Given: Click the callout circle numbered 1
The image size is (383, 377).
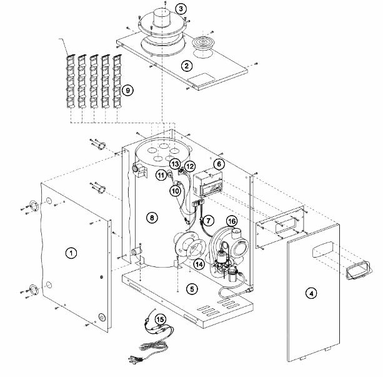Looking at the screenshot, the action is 71,253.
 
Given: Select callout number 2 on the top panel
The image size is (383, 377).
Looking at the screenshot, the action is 187,66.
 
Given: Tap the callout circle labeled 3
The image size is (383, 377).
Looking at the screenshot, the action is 181,9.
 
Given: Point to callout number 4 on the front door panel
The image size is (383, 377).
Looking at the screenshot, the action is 311,293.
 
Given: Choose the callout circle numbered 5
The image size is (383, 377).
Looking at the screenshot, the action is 192,289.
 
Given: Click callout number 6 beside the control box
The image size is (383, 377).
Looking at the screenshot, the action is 219,164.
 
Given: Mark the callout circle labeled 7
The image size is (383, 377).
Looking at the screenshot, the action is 208,221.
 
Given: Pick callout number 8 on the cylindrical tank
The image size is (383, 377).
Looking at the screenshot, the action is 152,218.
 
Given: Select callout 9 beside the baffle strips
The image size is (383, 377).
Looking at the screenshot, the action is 127,90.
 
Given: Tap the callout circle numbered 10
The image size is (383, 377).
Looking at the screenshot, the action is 176,191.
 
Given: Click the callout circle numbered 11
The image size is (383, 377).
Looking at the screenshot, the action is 161,175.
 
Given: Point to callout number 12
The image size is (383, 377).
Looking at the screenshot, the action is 190,166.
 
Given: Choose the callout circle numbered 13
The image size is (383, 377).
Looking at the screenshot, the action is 175,164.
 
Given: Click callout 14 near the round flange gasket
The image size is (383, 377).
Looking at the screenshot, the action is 199,264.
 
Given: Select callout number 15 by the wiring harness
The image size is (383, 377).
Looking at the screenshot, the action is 160,319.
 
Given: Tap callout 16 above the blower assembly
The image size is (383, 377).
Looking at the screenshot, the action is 232,221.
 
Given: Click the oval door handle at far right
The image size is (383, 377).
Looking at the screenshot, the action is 359,271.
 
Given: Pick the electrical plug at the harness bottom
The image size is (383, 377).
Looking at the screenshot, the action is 136,359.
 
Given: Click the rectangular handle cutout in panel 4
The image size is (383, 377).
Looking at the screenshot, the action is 322,249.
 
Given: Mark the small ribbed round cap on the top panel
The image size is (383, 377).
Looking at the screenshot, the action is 202,44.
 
